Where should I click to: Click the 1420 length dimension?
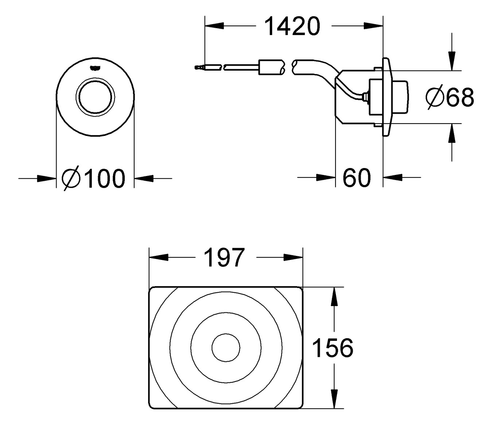[x=293, y=26]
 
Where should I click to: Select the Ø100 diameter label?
[x=94, y=179]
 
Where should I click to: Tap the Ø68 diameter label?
[x=450, y=97]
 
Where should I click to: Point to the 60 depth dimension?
[x=356, y=178]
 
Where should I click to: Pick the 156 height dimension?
[x=333, y=348]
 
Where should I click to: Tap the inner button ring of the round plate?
[x=96, y=97]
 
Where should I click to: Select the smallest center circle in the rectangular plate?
[x=226, y=347]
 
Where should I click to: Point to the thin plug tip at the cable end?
[x=198, y=67]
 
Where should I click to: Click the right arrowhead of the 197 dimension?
[x=293, y=257]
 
